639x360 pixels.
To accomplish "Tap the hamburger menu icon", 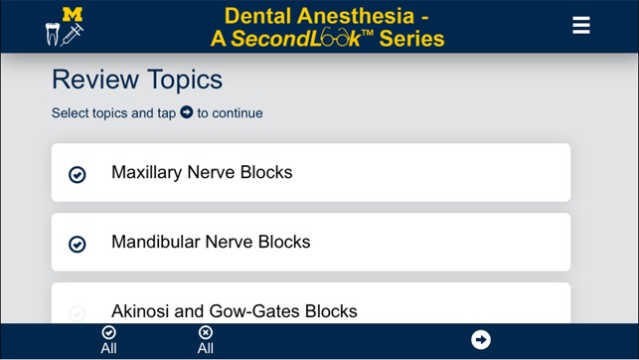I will (581, 26).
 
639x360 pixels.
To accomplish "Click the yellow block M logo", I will (73, 14).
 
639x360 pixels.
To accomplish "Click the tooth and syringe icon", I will (66, 35).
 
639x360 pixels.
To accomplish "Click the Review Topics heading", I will (137, 80).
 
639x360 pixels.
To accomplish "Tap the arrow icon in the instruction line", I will (186, 112).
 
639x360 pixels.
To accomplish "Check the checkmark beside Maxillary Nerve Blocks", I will (78, 174).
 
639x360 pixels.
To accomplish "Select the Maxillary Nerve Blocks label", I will (202, 172).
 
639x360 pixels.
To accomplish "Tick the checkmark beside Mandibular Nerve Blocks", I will (78, 244).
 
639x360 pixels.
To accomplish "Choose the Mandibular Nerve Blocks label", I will (211, 242).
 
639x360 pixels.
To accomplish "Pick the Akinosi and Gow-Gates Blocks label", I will (234, 310).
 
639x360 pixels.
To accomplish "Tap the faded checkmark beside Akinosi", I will (78, 312).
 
